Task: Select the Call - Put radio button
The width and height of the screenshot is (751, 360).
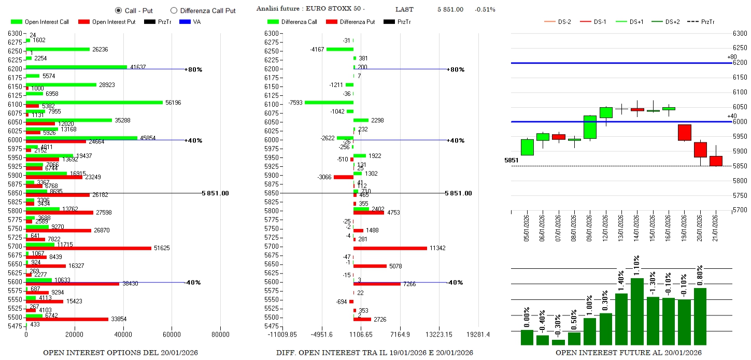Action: click(x=118, y=10)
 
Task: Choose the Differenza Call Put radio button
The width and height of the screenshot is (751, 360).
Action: click(x=174, y=10)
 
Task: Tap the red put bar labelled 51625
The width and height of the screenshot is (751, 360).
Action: click(x=89, y=248)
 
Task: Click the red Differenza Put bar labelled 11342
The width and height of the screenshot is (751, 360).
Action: click(x=390, y=248)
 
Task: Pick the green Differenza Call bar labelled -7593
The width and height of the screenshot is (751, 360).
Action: click(x=329, y=102)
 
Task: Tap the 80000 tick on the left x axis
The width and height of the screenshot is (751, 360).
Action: click(x=220, y=334)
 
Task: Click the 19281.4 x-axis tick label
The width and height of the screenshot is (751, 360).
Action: click(x=477, y=335)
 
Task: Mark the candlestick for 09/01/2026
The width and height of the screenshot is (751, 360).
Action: click(x=590, y=127)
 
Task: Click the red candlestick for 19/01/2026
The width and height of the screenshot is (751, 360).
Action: click(x=685, y=132)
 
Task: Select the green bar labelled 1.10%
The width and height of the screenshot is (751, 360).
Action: click(x=637, y=311)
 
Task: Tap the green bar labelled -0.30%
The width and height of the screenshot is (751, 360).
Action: click(x=558, y=342)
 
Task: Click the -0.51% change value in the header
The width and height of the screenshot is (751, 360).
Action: click(x=485, y=9)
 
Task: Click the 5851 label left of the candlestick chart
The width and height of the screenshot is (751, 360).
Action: click(x=511, y=161)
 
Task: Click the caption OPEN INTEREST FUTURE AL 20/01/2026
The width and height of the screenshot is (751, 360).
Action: click(x=629, y=353)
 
